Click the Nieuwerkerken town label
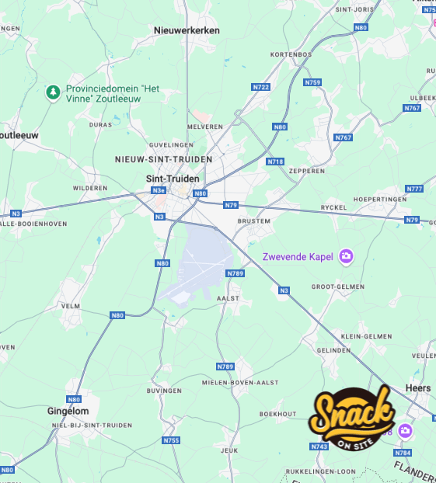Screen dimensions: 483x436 click(187, 30)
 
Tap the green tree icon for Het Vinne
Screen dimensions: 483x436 click(53, 93)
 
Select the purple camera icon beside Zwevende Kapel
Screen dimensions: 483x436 click(347, 255)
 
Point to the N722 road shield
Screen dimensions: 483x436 click(261, 87)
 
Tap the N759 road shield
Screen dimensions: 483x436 click(313, 82)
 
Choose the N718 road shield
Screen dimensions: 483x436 click(275, 162)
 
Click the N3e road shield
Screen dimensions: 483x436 click(159, 190)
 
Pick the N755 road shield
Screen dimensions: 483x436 click(171, 440)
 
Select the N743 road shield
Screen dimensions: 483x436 click(319, 447)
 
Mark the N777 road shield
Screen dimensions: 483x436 click(415, 189)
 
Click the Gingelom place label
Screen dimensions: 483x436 click(68, 411)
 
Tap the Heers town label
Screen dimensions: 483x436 click(418, 388)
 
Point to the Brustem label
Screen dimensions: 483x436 click(253, 221)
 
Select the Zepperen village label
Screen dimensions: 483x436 click(306, 170)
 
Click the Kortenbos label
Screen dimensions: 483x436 click(291, 54)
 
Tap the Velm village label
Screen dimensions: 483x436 click(71, 306)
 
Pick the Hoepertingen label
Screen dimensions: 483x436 click(380, 199)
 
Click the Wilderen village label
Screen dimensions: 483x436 click(90, 188)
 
